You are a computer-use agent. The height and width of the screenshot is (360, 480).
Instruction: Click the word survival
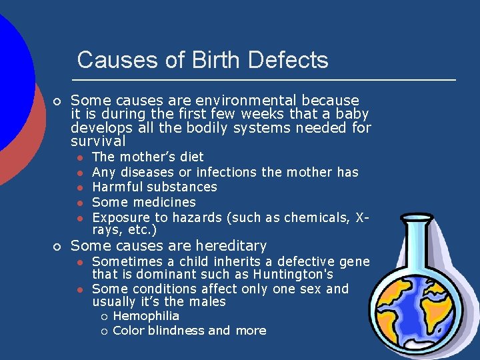click(98, 141)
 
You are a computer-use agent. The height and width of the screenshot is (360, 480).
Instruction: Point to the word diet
click(191, 157)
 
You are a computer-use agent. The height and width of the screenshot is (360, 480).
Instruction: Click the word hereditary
click(229, 245)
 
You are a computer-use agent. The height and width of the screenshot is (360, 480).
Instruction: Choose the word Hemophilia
click(146, 316)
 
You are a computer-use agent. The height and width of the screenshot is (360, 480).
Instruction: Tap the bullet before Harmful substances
click(79, 187)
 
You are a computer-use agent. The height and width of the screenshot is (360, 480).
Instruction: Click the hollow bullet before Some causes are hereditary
click(57, 247)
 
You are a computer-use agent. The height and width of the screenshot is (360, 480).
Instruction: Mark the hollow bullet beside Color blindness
click(103, 331)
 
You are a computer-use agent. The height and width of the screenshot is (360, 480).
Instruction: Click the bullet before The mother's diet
click(79, 158)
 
